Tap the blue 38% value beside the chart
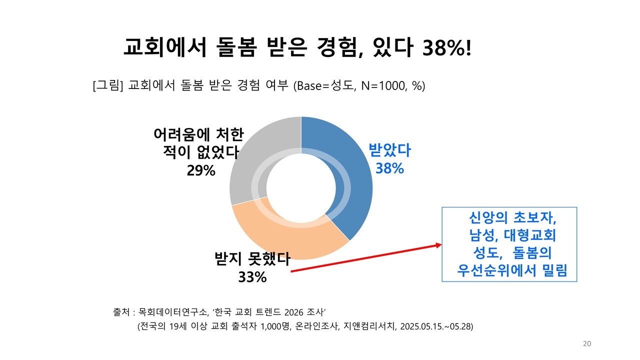tap(389, 168)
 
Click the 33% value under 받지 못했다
tap(252, 277)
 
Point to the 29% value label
tap(201, 170)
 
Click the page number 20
tap(587, 343)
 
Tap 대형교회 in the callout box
tap(530, 235)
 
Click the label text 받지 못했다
tap(252, 259)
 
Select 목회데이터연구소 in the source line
tap(172, 312)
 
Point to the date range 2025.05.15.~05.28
tap(436, 326)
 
